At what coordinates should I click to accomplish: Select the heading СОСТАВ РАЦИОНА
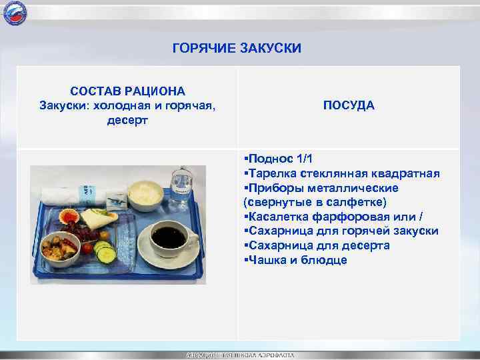coord(128,91)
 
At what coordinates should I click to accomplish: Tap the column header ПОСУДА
coord(349,105)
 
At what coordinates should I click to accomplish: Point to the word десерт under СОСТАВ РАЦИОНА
coord(127,121)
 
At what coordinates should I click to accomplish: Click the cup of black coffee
coord(168,237)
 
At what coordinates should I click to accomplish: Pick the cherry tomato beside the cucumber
coord(87,247)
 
